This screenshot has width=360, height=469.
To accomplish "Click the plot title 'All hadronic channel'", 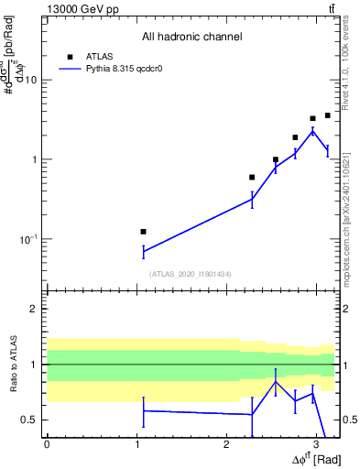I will pyautogui.click(x=191, y=37).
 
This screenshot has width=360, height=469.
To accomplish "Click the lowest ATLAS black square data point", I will pyautogui.click(x=143, y=232).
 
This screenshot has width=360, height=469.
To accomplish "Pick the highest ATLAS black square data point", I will pyautogui.click(x=327, y=115).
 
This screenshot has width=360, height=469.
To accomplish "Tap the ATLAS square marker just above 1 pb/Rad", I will pyautogui.click(x=275, y=159).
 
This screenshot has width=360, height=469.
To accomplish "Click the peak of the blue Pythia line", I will pyautogui.click(x=313, y=131).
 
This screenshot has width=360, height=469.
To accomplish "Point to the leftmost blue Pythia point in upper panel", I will pyautogui.click(x=143, y=251).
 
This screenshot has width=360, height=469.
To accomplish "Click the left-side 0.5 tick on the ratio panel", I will pyautogui.click(x=30, y=420).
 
